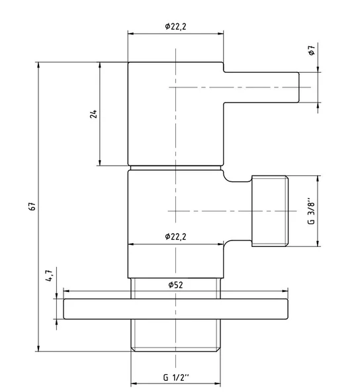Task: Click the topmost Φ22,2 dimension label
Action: tap(175, 26)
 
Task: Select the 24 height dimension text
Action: tap(93, 114)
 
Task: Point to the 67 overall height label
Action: tap(32, 207)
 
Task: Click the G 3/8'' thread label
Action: tap(311, 211)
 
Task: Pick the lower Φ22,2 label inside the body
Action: tap(175, 236)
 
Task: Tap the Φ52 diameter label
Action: tap(175, 285)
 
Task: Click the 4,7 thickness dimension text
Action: tap(49, 275)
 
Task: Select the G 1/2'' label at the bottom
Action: tap(176, 377)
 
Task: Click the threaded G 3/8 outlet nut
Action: tap(269, 211)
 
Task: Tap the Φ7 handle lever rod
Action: tap(261, 87)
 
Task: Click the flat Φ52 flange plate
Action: tap(175, 309)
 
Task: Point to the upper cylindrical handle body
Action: tap(175, 114)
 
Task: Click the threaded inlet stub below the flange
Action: tap(175, 335)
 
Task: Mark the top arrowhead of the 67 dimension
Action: tap(38, 65)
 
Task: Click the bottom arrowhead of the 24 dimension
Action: tap(100, 163)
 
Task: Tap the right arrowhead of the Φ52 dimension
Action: tap(285, 291)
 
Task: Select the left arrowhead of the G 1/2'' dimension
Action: tap(134, 383)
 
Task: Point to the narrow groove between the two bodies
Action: tap(175, 168)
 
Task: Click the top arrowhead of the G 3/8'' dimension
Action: tap(318, 179)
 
